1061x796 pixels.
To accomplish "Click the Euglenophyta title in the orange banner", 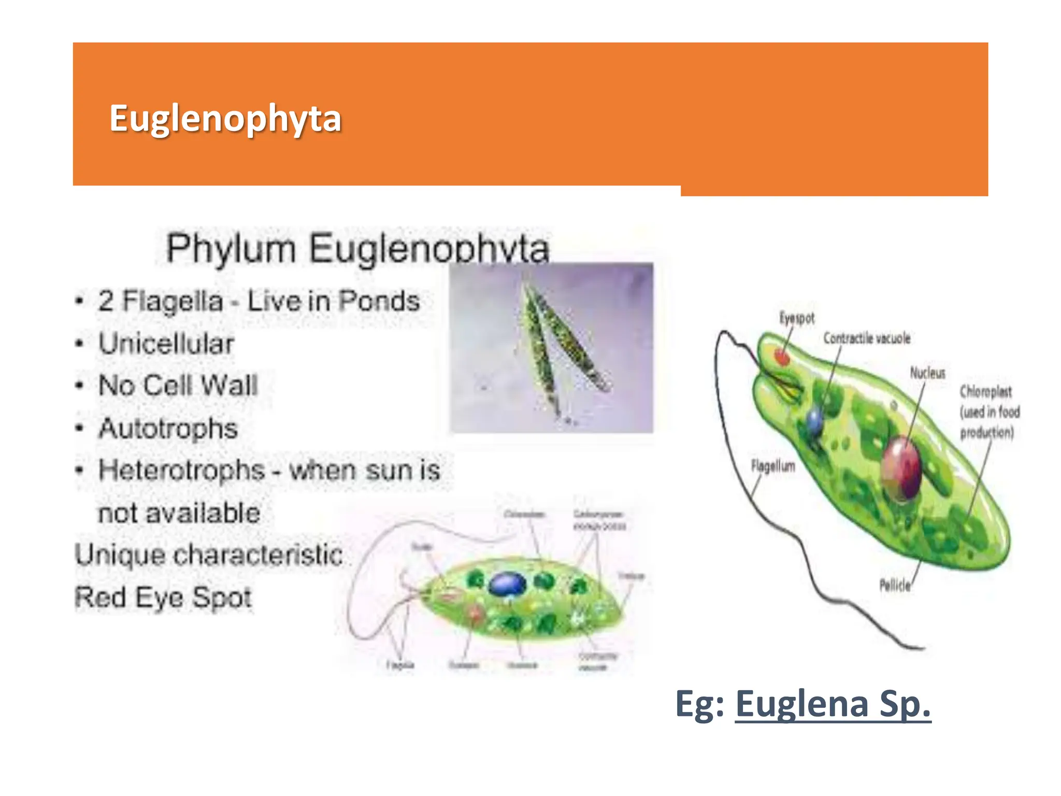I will (225, 119).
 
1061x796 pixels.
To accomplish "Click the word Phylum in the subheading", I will (231, 248).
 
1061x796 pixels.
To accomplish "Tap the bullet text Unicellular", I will (166, 344).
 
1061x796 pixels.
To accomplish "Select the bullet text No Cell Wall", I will (178, 386).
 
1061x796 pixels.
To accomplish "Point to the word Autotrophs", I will (168, 429).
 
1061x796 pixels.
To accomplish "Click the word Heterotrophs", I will (181, 471).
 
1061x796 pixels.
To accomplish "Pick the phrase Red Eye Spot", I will (163, 597).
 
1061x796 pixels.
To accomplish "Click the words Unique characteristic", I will (208, 555).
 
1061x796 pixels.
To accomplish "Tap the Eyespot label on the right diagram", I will (797, 318).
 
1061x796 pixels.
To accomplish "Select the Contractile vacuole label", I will (867, 338).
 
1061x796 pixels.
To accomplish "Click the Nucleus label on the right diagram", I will (927, 373).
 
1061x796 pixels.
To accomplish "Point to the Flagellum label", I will (773, 466).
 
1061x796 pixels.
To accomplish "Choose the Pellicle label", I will (895, 586).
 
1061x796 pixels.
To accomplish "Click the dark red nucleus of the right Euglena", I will (902, 468).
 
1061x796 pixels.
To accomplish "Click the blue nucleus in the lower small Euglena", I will (508, 584).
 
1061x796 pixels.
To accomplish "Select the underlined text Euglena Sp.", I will (833, 704).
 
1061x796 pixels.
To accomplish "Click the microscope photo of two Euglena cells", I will (551, 347).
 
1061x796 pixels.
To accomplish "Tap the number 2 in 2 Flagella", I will (106, 301).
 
